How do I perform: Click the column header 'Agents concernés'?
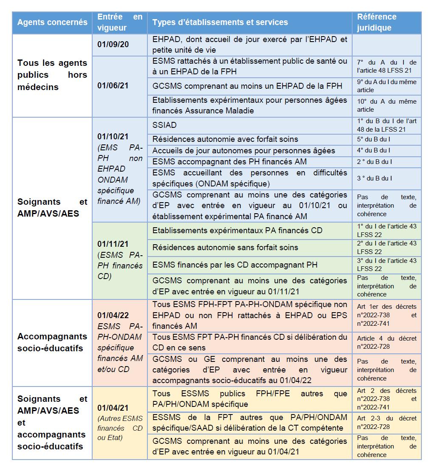52,23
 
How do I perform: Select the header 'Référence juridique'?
377,23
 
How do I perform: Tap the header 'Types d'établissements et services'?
220,23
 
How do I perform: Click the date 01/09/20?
113,45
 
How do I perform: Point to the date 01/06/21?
113,86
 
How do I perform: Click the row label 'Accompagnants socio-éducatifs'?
52,342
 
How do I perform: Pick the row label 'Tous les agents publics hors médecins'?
52,75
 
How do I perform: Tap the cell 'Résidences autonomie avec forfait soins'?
225,139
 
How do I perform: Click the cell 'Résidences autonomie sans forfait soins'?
225,247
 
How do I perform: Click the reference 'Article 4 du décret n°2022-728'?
387,342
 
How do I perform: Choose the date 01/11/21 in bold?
113,244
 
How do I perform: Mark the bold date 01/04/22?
113,316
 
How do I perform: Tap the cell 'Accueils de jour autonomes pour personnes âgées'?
243,151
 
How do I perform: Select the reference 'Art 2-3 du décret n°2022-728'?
387,423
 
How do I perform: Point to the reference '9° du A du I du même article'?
387,86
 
